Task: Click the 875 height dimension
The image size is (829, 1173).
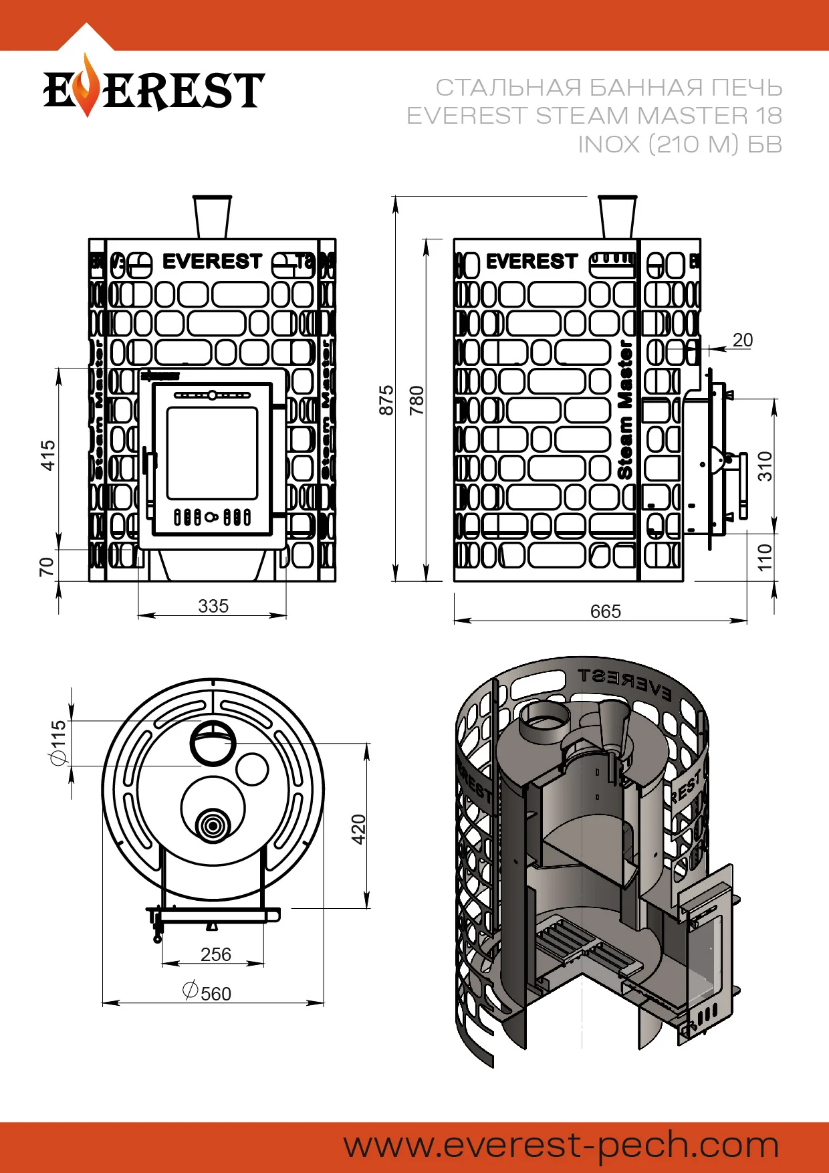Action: coord(386,400)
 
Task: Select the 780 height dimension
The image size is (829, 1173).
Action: coord(417,400)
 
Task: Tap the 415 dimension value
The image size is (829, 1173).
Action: coord(48,455)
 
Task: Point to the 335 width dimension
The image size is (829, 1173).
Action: coord(213,606)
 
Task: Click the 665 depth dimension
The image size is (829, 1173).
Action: coord(605,611)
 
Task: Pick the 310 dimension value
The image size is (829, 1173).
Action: coord(765,466)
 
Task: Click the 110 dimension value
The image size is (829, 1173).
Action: coord(765,556)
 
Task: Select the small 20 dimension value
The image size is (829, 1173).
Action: coord(742,340)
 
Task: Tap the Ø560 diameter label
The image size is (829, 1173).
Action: coord(207,992)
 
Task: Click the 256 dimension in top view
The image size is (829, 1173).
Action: coord(215,954)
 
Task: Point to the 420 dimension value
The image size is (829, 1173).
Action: coord(359,829)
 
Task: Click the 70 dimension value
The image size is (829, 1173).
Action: coord(46,566)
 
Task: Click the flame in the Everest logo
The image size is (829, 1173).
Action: coord(86,86)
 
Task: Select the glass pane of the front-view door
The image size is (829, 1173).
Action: coord(212,453)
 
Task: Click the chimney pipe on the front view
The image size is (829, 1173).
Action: coord(212,217)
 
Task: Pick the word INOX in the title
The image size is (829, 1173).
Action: coord(608,144)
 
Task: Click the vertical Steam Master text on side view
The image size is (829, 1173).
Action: coord(625,409)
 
